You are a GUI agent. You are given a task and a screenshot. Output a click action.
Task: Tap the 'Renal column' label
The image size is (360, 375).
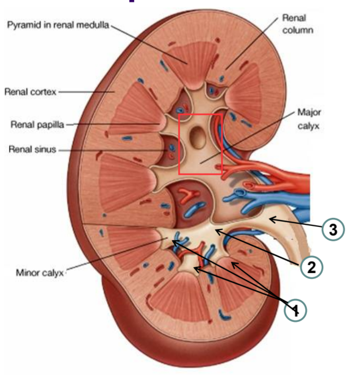tap(293, 24)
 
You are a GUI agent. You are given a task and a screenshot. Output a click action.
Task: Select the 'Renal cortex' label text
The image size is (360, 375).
tap(30, 92)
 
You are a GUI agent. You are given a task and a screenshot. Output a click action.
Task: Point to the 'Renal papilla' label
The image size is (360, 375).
tap(37, 125)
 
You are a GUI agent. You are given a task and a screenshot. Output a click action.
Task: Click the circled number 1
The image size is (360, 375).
tap(295, 310)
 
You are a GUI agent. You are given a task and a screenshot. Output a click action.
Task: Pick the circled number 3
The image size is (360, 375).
tap(333, 230)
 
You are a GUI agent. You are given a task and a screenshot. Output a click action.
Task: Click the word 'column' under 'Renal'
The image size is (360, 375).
tap(297, 30)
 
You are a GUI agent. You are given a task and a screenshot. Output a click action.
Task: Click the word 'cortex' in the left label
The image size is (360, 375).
tap(43, 92)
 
